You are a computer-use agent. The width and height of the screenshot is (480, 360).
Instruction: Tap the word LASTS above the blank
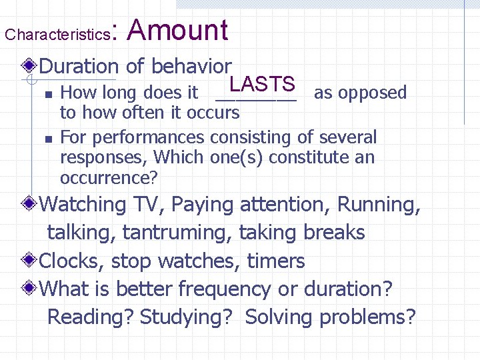[x=261, y=85]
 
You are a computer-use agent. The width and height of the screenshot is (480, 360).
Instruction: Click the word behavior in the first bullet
[x=191, y=66]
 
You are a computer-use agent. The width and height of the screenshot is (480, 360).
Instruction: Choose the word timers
[x=275, y=261]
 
